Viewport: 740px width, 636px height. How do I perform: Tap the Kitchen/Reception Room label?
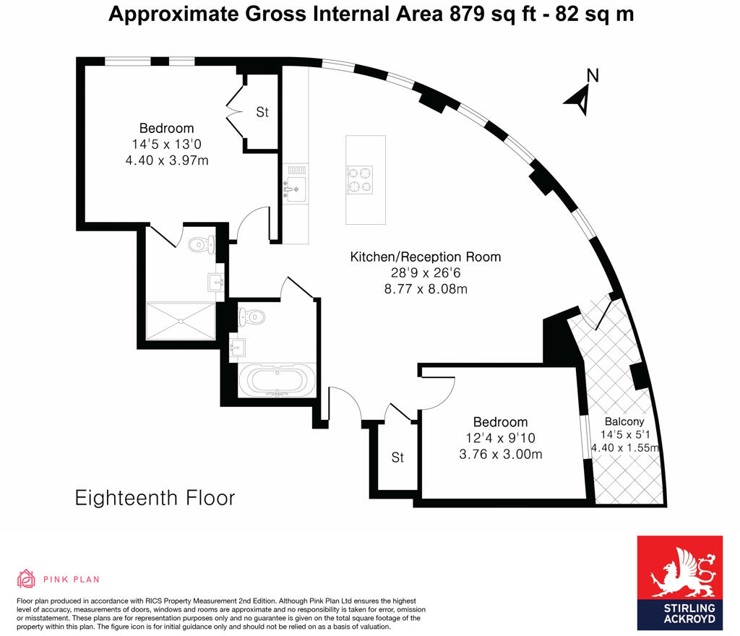tap(425, 257)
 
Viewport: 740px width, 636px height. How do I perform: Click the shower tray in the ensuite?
tap(181, 321)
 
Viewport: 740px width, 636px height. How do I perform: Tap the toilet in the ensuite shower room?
tap(201, 244)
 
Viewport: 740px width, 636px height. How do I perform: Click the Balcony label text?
tap(624, 422)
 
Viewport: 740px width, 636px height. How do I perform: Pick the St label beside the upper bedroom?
tap(262, 113)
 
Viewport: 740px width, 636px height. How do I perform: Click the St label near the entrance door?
tap(397, 457)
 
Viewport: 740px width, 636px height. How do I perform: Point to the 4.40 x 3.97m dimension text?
tap(167, 160)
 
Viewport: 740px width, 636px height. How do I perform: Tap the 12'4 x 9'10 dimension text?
tap(500, 438)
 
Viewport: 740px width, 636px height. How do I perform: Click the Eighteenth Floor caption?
tap(155, 498)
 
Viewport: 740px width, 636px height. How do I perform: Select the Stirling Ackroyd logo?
tap(679, 582)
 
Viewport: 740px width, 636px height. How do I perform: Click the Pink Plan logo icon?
tap(26, 578)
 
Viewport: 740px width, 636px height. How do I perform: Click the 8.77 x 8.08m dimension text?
tap(425, 289)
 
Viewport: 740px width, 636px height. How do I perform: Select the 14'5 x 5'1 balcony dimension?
tap(624, 435)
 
